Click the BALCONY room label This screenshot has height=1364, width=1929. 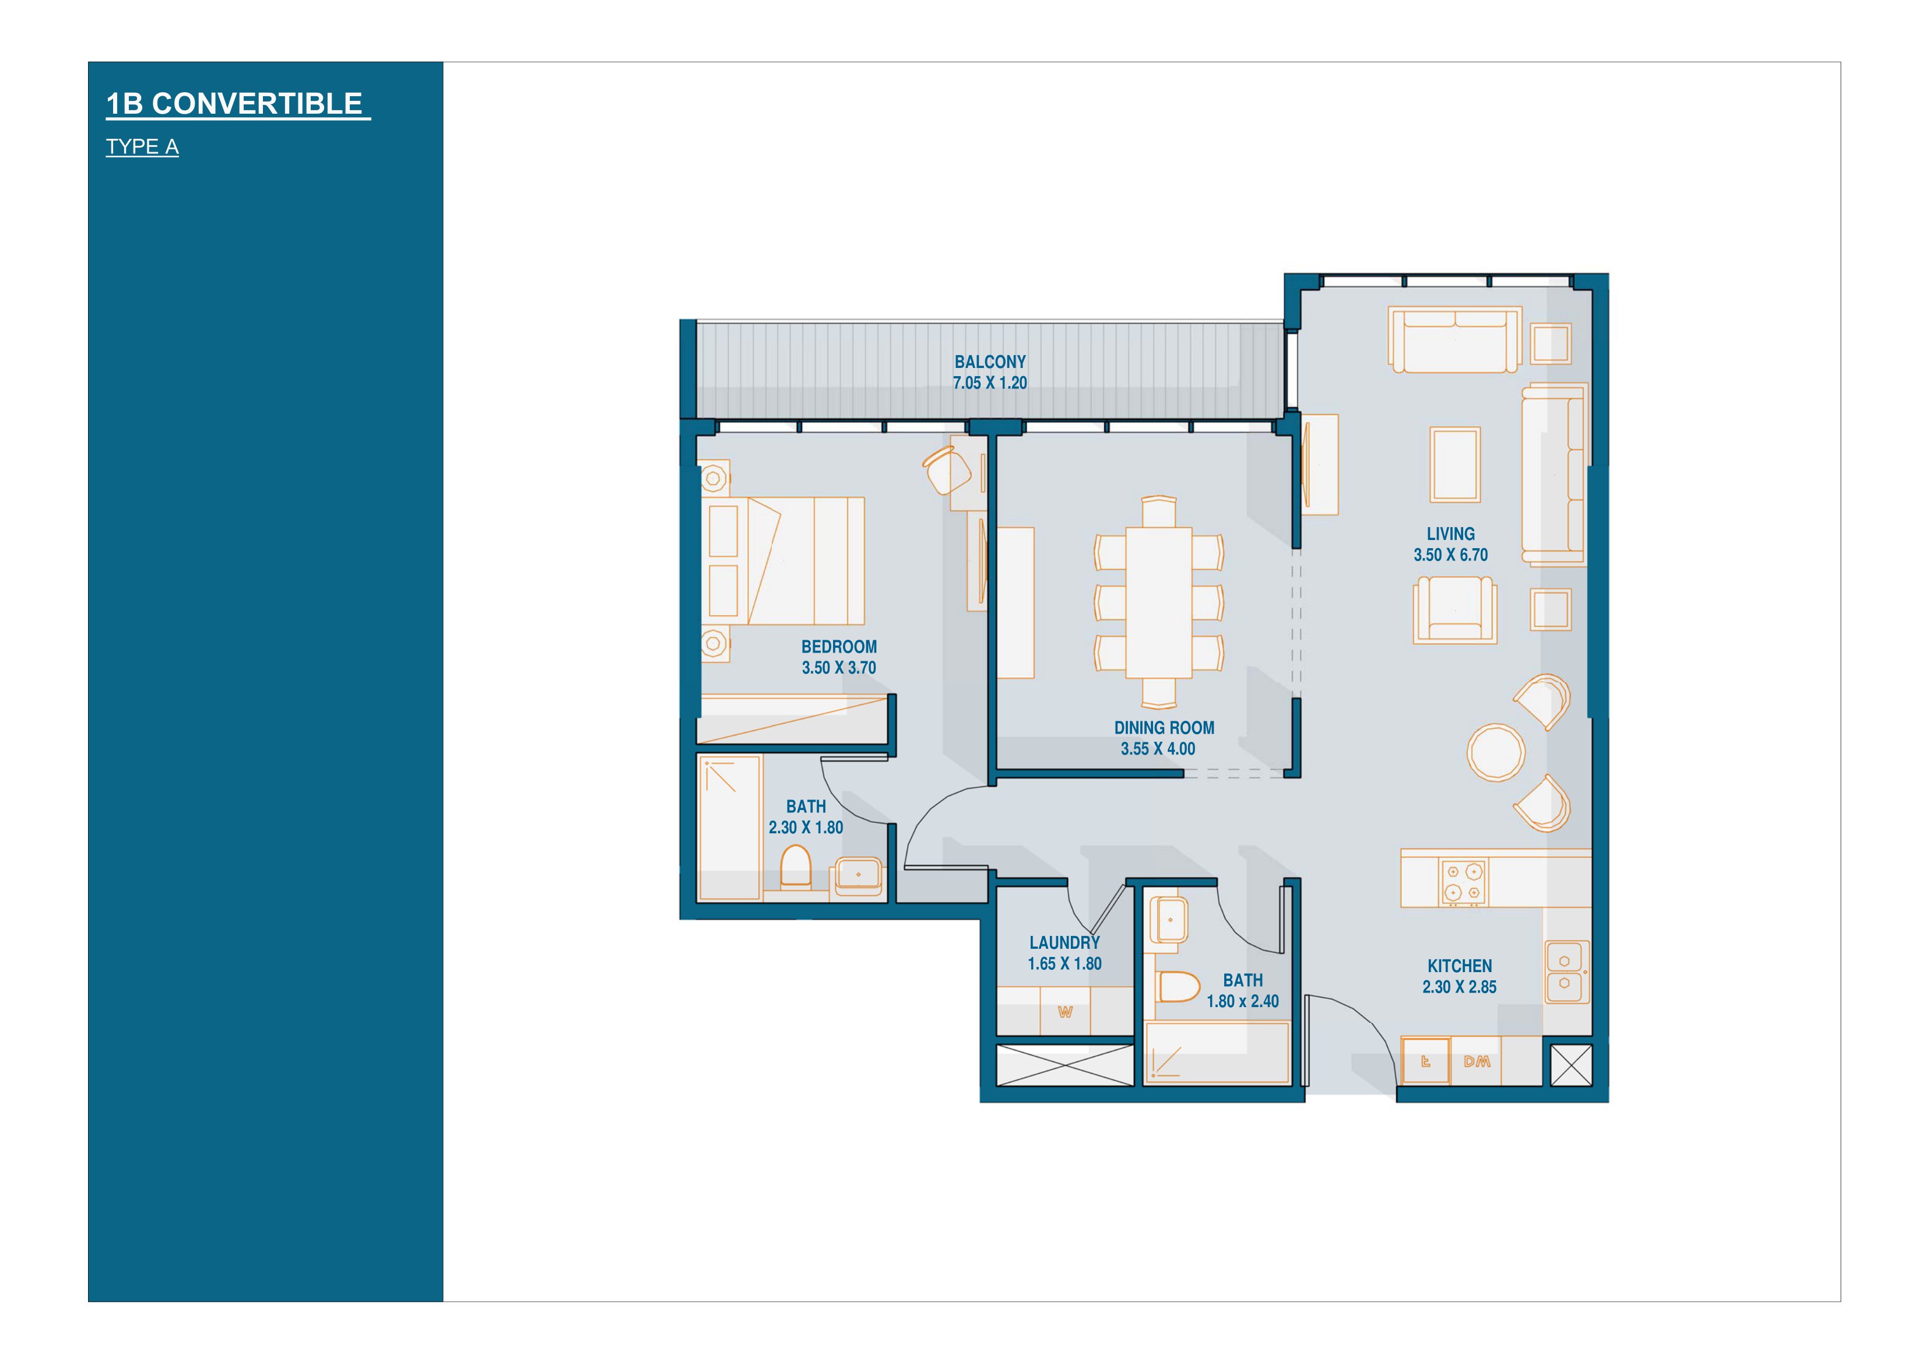990,362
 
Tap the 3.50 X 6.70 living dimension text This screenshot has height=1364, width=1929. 1450,555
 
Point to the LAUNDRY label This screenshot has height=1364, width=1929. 1064,943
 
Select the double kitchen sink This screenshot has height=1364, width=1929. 1567,972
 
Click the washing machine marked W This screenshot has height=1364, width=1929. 1065,1012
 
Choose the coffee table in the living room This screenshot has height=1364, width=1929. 1455,465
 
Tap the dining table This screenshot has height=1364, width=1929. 1158,602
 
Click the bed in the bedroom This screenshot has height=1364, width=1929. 783,560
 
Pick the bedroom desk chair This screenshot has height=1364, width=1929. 947,471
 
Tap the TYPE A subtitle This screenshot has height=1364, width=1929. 142,147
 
